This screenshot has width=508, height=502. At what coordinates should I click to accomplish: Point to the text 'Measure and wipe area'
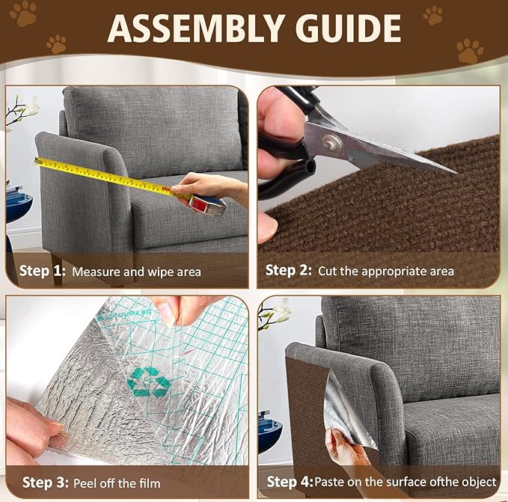136,272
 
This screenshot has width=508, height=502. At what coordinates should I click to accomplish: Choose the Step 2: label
290,271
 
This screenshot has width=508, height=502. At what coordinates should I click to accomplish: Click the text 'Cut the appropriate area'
385,272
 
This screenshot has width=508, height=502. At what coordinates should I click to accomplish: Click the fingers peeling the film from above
180,308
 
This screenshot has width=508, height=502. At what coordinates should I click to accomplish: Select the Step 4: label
290,481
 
